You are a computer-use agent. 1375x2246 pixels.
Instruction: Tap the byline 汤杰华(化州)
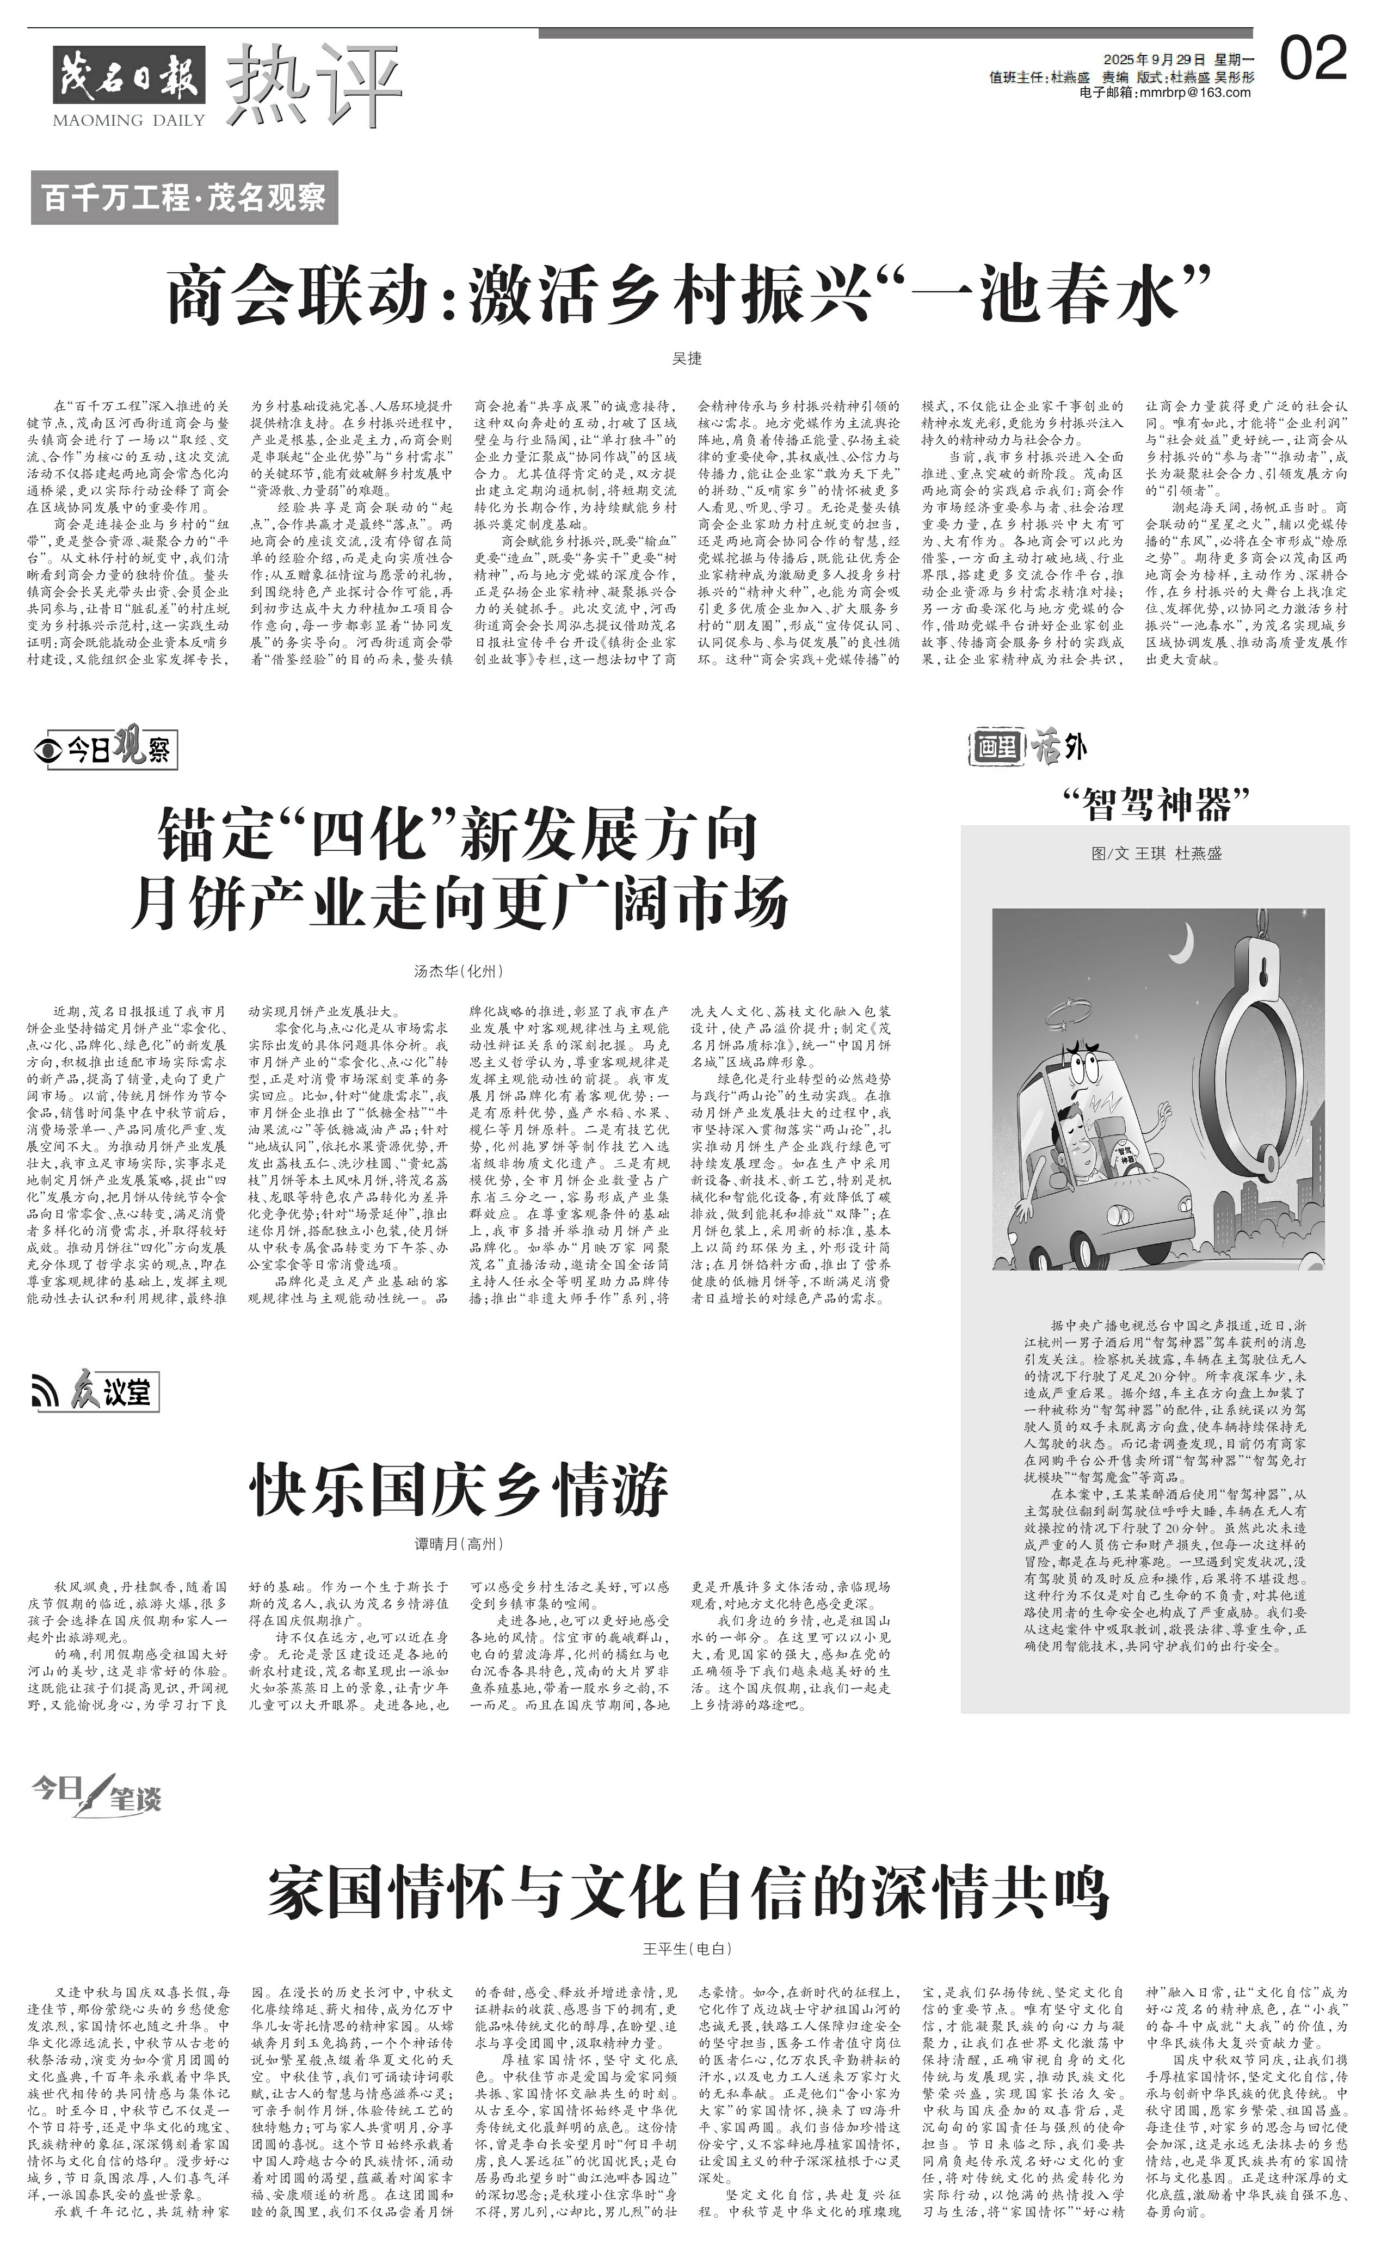pyautogui.click(x=458, y=971)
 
